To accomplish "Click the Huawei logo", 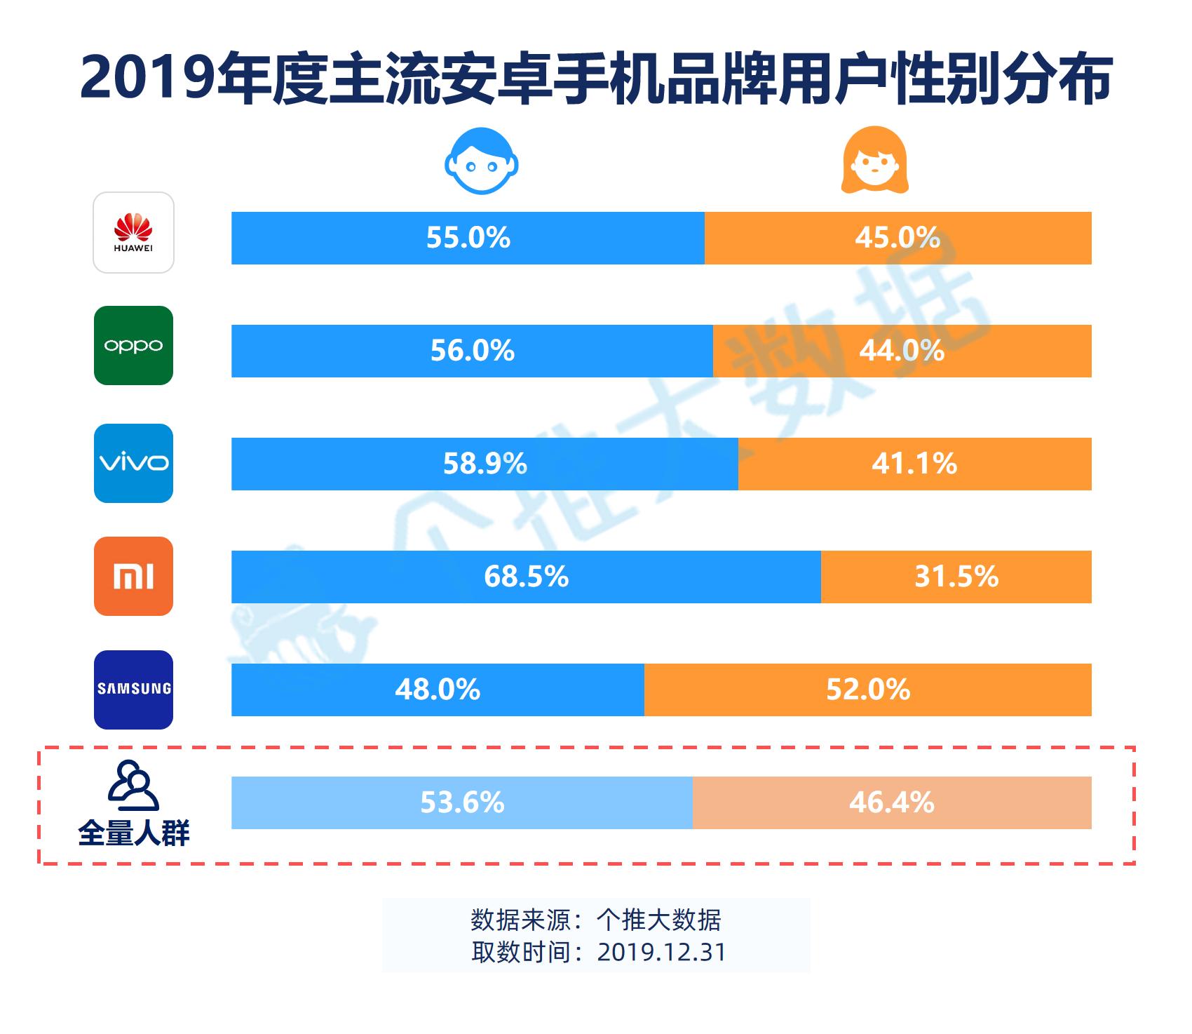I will point(133,232).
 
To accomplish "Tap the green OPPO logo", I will point(133,345).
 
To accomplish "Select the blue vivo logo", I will point(133,463).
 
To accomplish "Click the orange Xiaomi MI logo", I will point(133,577).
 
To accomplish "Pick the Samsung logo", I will point(133,690).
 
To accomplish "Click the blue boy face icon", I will point(481,161).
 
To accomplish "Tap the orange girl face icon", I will point(874,161).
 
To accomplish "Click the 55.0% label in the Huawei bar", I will point(468,238).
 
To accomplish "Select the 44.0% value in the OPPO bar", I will point(902,351).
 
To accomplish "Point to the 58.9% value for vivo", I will point(485,464).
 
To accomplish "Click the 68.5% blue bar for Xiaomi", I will point(526,577).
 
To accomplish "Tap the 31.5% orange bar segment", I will point(956,577).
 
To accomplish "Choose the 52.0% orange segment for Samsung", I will point(868,690).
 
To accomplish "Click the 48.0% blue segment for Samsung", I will point(438,690).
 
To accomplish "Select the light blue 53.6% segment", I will point(462,803).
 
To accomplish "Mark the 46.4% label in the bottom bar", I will point(892,803).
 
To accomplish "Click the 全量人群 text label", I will point(133,833).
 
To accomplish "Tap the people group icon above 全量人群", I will point(133,785).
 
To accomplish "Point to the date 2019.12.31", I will point(661,952).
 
